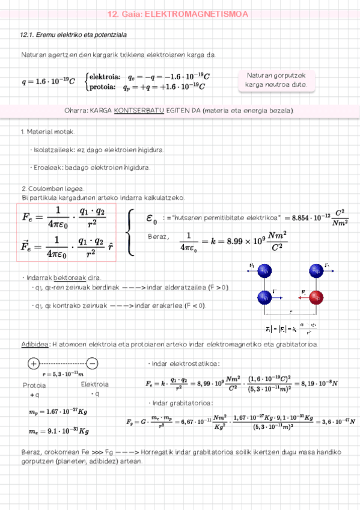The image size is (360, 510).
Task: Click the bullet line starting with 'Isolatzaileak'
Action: (x=97, y=150)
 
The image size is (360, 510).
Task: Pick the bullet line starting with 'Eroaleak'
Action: (x=90, y=167)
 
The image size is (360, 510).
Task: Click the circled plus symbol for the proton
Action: (x=33, y=363)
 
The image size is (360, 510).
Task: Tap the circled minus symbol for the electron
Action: (x=92, y=363)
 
